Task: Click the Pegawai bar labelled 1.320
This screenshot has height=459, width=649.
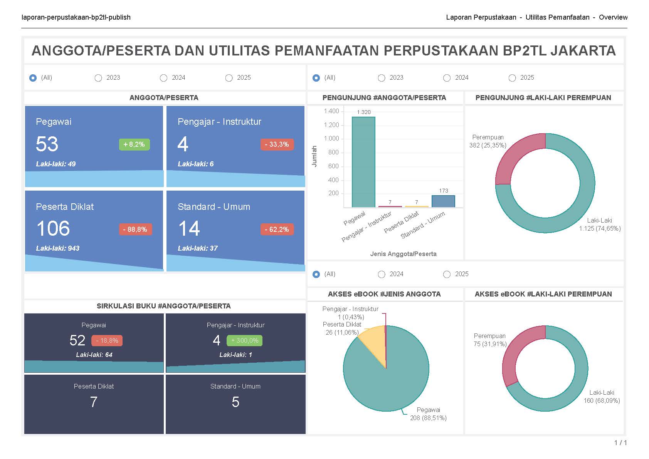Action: pyautogui.click(x=363, y=162)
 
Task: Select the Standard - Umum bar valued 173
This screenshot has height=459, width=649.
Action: pyautogui.click(x=443, y=201)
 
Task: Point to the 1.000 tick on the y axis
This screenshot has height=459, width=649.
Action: pyautogui.click(x=331, y=139)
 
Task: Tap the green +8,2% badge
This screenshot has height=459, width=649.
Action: pyautogui.click(x=134, y=144)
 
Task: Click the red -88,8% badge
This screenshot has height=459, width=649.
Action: pyautogui.click(x=135, y=229)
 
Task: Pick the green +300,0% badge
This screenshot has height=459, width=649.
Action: pyautogui.click(x=245, y=341)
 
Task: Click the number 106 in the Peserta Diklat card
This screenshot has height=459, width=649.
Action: pyautogui.click(x=53, y=228)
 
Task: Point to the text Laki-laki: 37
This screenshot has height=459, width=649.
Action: pyautogui.click(x=198, y=248)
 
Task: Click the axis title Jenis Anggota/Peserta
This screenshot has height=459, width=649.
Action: pyautogui.click(x=403, y=254)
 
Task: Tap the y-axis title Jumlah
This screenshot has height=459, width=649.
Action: pyautogui.click(x=314, y=156)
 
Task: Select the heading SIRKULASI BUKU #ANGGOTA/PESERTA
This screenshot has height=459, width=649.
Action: pyautogui.click(x=164, y=306)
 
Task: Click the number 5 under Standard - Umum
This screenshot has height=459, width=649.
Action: pyautogui.click(x=235, y=402)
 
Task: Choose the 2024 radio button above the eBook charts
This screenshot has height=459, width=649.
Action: pyautogui.click(x=382, y=274)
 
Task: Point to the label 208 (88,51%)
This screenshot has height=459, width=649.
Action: pyautogui.click(x=428, y=418)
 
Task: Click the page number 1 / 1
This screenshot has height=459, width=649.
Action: pyautogui.click(x=620, y=443)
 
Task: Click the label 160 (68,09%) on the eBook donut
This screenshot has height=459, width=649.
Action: pyautogui.click(x=602, y=400)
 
